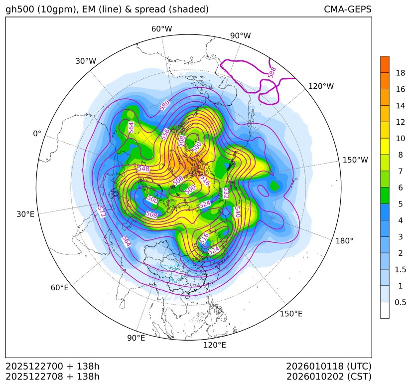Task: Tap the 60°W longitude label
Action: click(x=161, y=29)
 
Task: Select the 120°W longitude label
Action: click(x=321, y=86)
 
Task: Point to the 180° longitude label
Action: click(x=344, y=240)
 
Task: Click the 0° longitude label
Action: click(x=37, y=134)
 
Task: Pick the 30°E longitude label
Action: click(x=25, y=214)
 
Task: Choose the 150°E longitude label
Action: click(x=291, y=314)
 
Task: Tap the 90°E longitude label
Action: click(x=136, y=338)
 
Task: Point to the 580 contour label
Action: click(x=164, y=106)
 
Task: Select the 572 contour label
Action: click(x=102, y=212)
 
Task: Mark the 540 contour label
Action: click(x=237, y=212)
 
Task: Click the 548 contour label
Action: click(x=143, y=169)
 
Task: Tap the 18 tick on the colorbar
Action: click(x=400, y=73)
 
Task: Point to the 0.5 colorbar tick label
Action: click(x=400, y=302)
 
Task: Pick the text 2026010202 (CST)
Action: click(x=329, y=376)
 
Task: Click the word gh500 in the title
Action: click(x=19, y=9)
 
